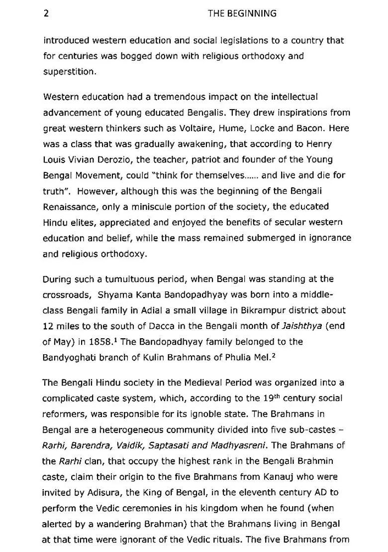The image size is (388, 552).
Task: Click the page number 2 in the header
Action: tap(46, 13)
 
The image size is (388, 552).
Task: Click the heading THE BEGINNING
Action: tap(242, 13)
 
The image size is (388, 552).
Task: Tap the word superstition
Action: tap(69, 72)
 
